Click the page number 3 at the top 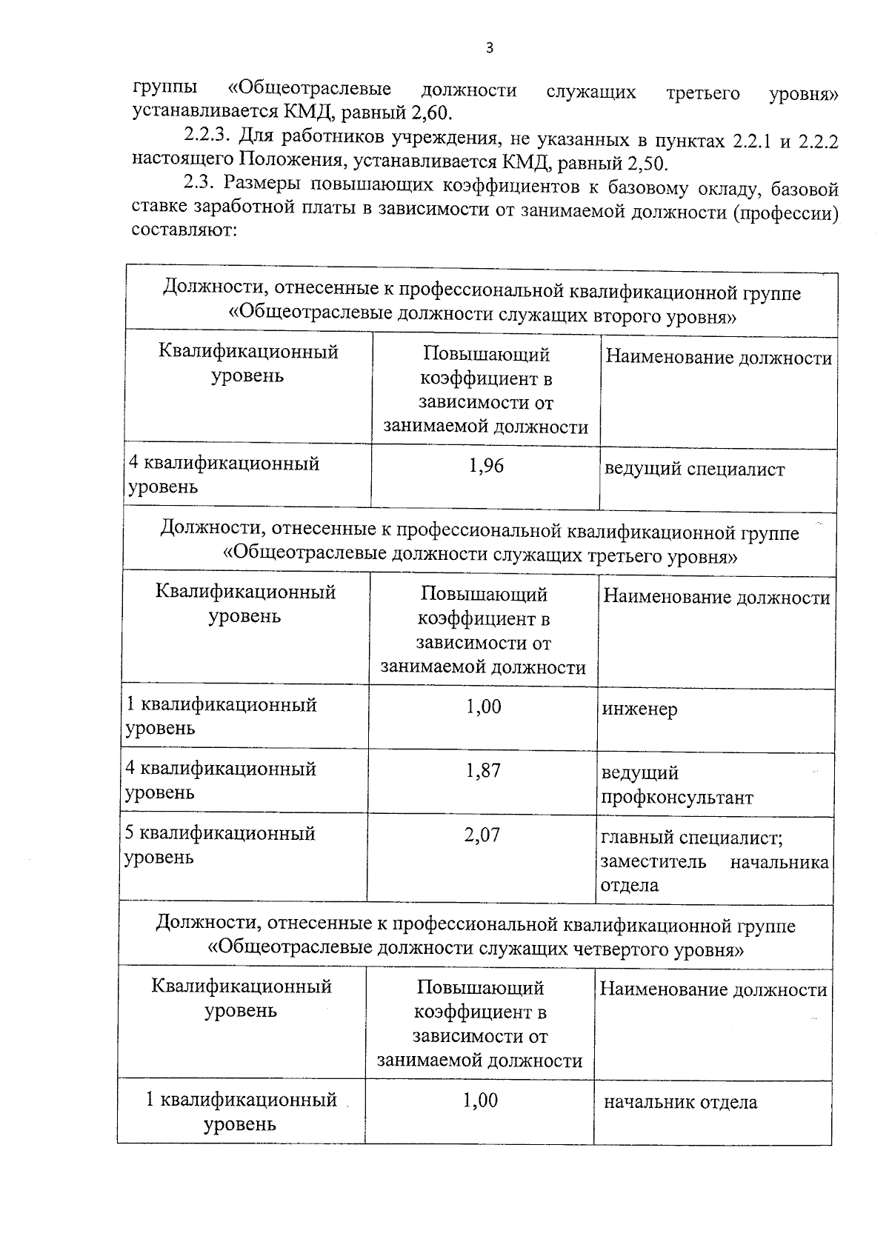coord(489,49)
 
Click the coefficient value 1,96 coord(486,466)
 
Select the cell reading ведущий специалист coord(694,469)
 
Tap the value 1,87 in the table coord(483,771)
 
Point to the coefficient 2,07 coord(482,835)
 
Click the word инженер coord(639,709)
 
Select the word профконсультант coord(676,798)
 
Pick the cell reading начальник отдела coord(680,1102)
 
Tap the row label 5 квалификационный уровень coord(219,845)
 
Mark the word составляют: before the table coord(184,230)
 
